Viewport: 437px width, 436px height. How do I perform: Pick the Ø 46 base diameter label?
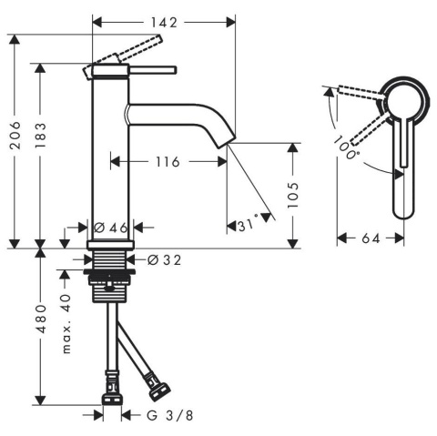[111, 228]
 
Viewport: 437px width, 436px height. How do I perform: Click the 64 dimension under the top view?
[371, 238]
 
